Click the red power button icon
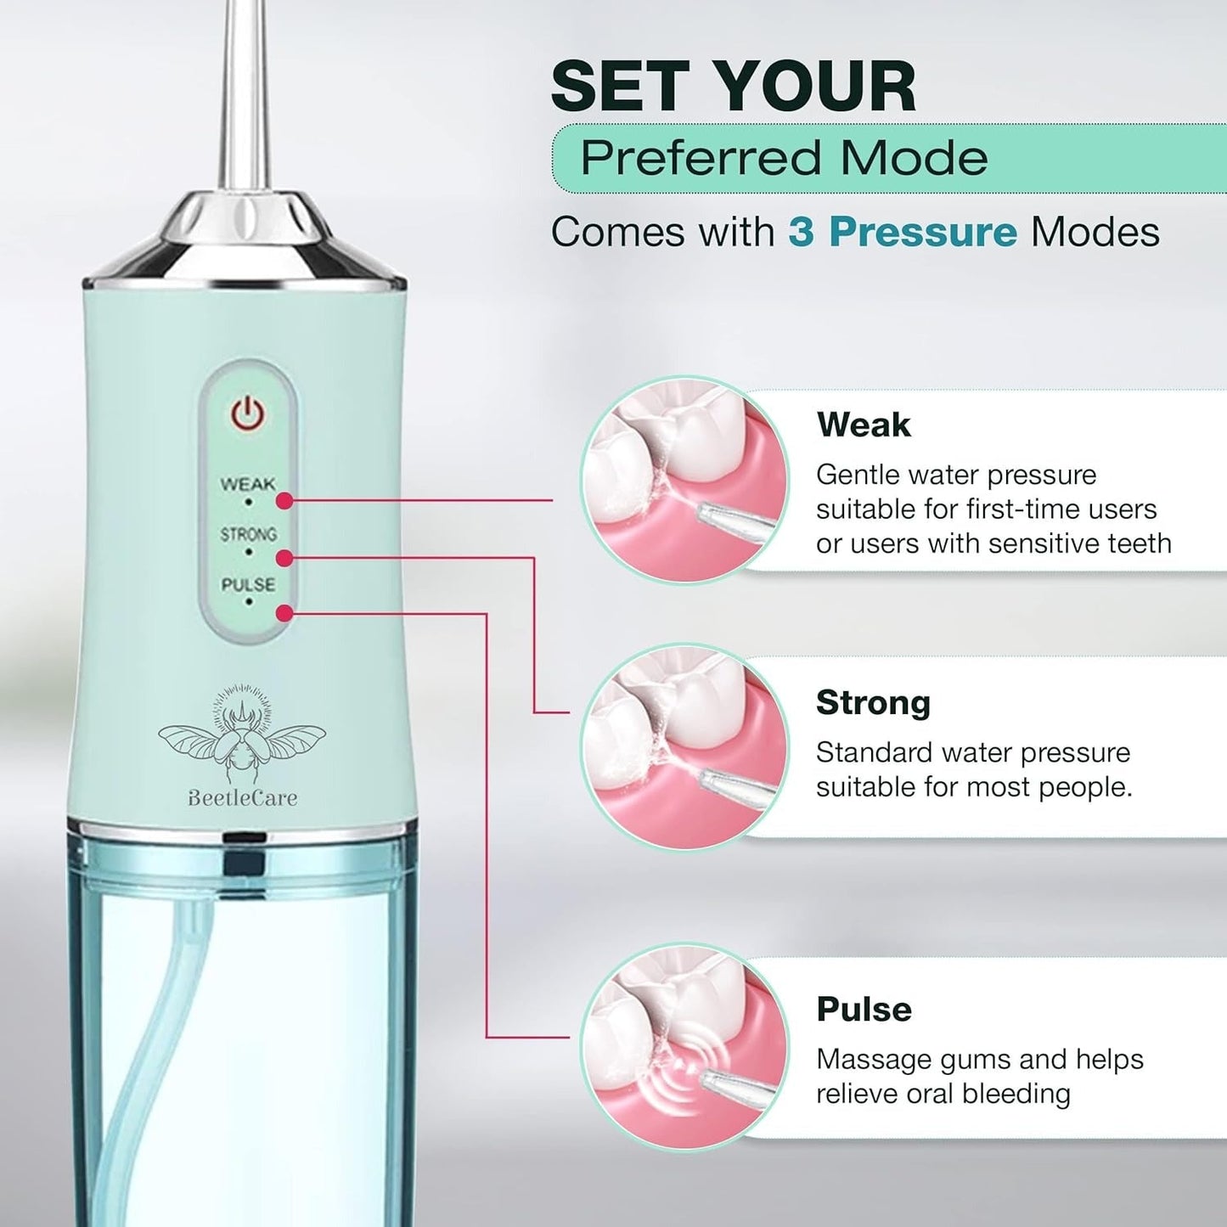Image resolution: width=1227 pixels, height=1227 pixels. coord(248,415)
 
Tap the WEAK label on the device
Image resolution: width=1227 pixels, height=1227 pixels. coord(248,484)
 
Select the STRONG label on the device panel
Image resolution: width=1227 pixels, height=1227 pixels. coord(248,534)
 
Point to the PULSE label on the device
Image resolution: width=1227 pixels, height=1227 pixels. coord(248,585)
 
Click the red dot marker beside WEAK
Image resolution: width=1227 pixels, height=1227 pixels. coord(284,501)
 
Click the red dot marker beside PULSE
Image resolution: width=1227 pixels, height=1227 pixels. coord(284,613)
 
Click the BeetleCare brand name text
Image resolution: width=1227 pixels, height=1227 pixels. coord(242,797)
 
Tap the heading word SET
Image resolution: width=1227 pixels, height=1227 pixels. coord(624,87)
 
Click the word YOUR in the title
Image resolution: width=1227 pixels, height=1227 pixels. coord(814,87)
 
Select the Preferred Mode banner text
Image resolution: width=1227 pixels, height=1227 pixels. coord(784,158)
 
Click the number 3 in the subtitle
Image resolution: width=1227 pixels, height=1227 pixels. coord(800,232)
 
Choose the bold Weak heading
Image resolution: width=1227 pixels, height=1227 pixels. coord(864,425)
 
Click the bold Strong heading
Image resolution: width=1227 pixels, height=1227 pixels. coord(873,703)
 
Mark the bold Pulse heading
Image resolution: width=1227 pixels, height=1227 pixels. coord(864,1010)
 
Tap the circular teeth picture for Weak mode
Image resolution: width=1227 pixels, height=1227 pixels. coord(684,480)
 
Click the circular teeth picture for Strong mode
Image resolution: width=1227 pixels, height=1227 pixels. coord(684,746)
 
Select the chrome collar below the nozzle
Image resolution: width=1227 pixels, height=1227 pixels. coord(245,242)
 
